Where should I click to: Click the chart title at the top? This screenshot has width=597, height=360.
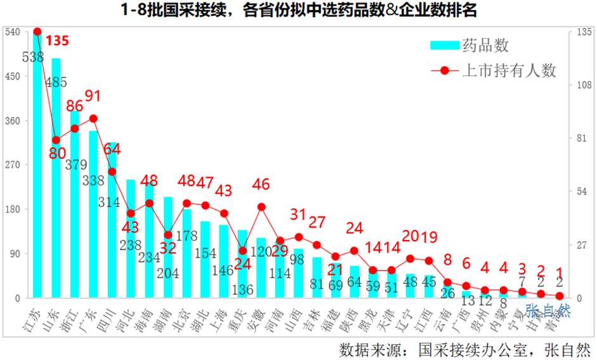pyautogui.click(x=298, y=11)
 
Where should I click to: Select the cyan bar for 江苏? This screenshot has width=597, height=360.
pyautogui.click(x=37, y=165)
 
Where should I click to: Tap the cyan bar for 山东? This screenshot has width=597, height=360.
pyautogui.click(x=56, y=178)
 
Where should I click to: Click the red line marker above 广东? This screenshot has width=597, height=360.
pyautogui.click(x=93, y=119)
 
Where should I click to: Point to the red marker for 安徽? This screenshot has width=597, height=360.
pyautogui.click(x=261, y=206)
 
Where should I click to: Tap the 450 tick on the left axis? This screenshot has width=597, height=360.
pyautogui.click(x=12, y=76)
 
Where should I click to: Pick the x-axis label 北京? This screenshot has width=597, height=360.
pyautogui.click(x=182, y=316)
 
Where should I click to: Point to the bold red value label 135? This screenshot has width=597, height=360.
pyautogui.click(x=57, y=41)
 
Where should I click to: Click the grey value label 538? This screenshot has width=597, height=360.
pyautogui.click(x=32, y=57)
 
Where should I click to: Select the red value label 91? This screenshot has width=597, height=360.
pyautogui.click(x=93, y=96)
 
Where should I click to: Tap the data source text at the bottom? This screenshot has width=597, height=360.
pyautogui.click(x=464, y=349)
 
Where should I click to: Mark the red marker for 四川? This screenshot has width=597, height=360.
pyautogui.click(x=112, y=171)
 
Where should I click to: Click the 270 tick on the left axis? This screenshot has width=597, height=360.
pyautogui.click(x=12, y=165)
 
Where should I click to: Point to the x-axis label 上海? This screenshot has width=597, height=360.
pyautogui.click(x=220, y=316)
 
